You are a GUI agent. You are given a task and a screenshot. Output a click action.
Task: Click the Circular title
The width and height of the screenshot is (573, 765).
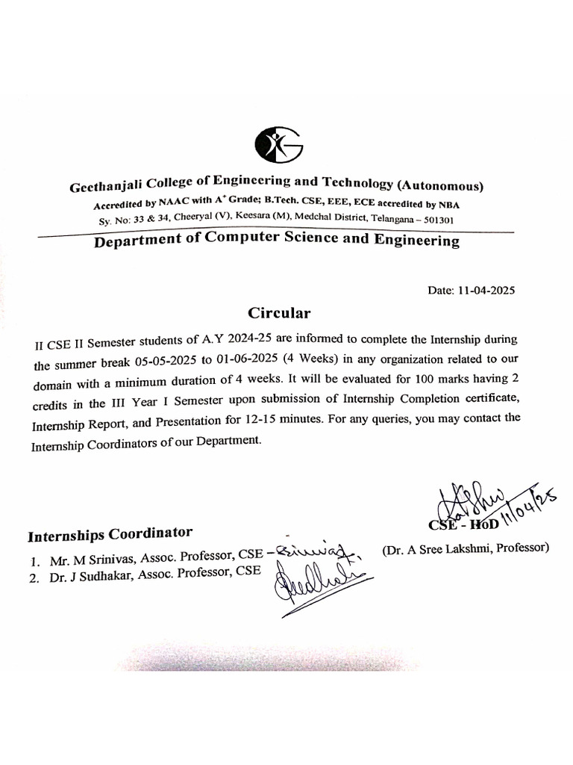[279, 312]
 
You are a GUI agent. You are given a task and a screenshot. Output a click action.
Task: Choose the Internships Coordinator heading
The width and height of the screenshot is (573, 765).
[110, 534]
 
